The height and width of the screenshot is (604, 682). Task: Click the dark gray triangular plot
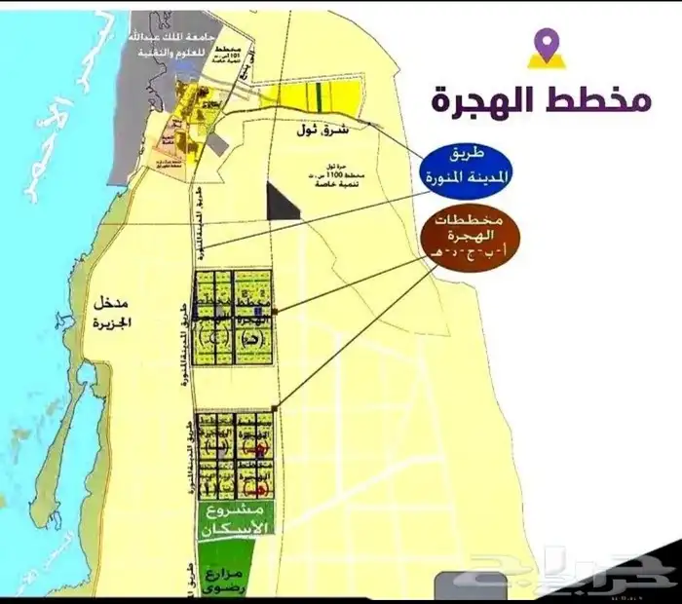pos(282,200)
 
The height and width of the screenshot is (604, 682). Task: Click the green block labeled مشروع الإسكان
pos(234,522)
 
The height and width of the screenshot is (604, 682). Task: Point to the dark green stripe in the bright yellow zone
pos(321,96)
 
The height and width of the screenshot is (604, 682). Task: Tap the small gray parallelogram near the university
pos(217,143)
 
